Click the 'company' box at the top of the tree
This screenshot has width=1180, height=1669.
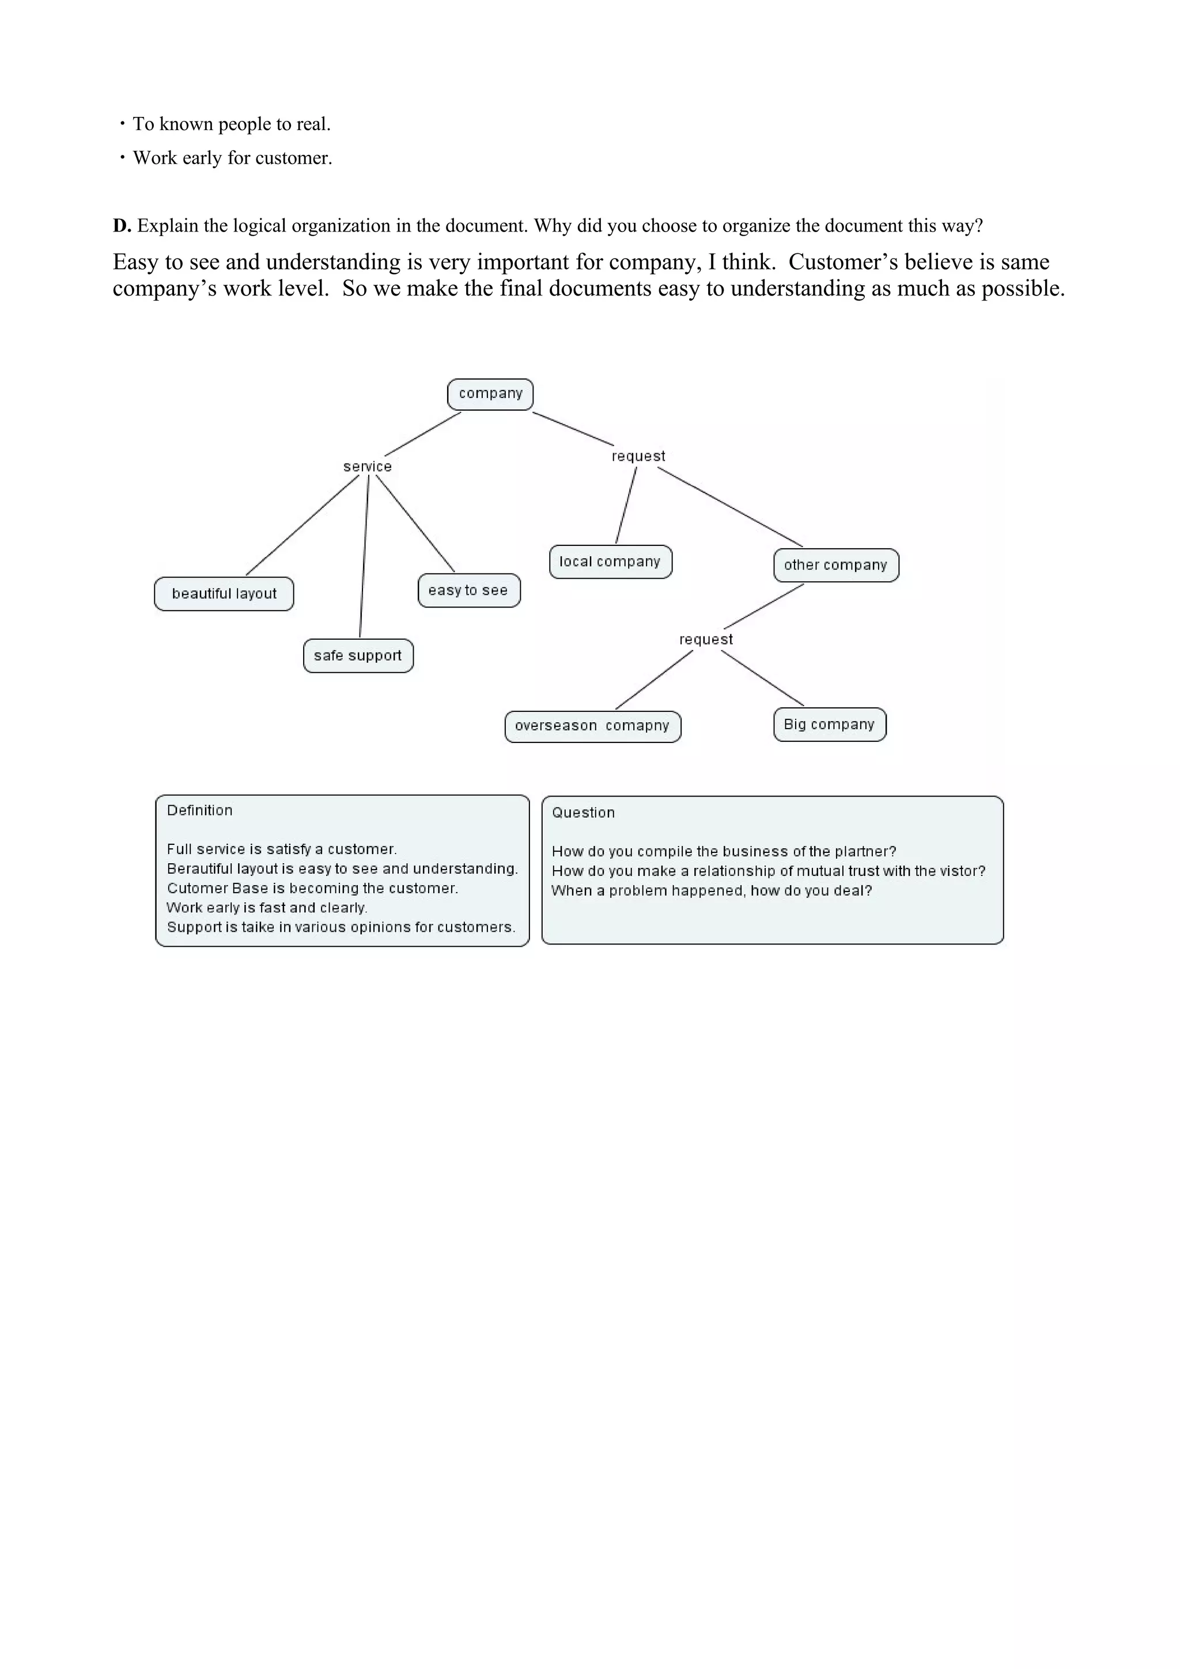pos(490,394)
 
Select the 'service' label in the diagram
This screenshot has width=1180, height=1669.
pos(367,466)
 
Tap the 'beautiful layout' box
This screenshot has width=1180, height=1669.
pos(224,594)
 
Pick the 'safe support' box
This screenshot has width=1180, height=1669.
pos(358,655)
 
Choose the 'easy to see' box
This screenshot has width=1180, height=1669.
pos(468,590)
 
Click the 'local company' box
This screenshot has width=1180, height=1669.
pos(610,562)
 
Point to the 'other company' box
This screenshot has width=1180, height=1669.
pos(835,566)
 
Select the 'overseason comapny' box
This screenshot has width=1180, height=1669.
pos(592,726)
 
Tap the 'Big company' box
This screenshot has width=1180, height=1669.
pos(829,725)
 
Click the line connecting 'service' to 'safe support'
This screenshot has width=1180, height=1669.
pos(364,556)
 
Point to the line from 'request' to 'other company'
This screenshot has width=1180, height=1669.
pos(730,507)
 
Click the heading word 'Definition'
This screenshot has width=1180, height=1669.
pos(200,810)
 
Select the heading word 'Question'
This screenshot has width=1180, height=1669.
pos(583,813)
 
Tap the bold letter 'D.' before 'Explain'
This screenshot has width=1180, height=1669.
pos(122,226)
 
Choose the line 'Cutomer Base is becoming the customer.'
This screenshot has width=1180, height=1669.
pos(312,888)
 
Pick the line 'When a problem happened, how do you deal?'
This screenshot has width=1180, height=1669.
pos(711,890)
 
